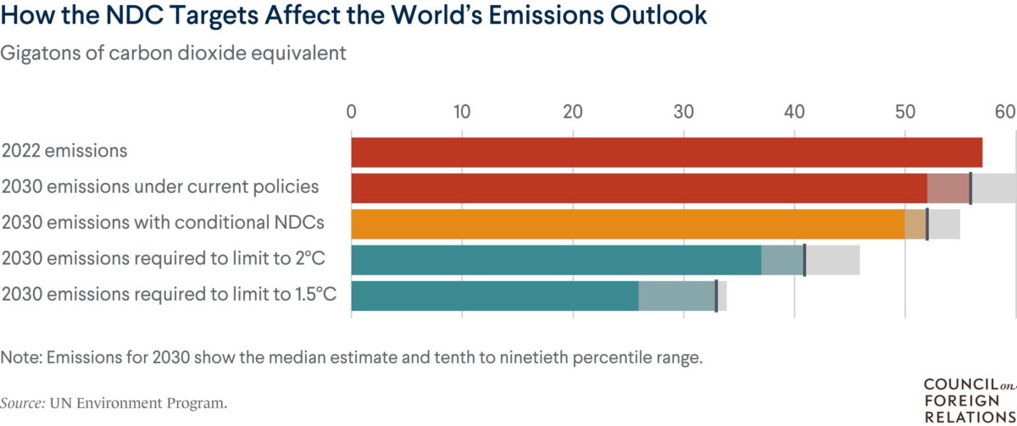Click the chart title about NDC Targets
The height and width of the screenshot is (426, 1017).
click(x=353, y=18)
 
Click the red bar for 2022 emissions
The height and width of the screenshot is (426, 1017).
click(x=666, y=152)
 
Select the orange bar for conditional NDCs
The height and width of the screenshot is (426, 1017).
click(x=627, y=224)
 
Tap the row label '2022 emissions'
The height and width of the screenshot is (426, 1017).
click(x=64, y=152)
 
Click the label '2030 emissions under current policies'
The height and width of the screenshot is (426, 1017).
click(x=160, y=187)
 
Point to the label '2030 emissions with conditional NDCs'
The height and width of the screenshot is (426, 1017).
click(x=163, y=224)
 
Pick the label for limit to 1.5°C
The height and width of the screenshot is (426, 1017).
click(x=169, y=295)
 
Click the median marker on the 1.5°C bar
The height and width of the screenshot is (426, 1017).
click(x=716, y=296)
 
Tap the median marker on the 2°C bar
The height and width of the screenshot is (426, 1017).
click(x=804, y=259)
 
